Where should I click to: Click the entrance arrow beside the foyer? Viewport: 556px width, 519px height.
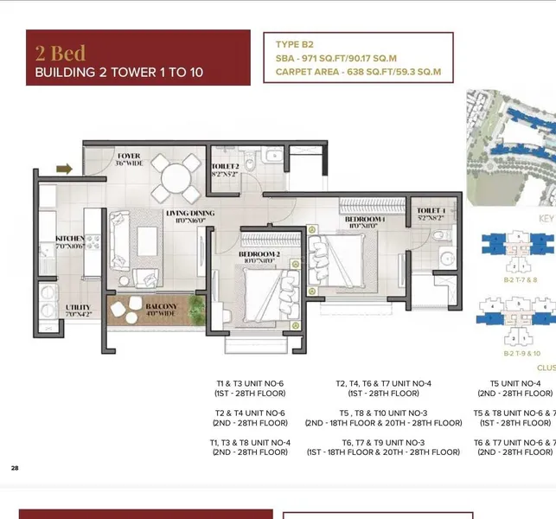tap(65, 169)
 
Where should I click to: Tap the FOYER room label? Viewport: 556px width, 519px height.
tap(129, 157)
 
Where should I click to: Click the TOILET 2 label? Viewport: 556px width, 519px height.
tap(225, 166)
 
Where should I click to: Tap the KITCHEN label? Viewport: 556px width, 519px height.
tap(69, 238)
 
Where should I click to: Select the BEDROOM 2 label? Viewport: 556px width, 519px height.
tap(259, 254)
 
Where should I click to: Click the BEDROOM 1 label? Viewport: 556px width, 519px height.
tap(364, 220)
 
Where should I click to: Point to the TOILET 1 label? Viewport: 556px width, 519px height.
tap(431, 211)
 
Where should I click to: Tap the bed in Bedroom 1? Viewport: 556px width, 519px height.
tap(339, 255)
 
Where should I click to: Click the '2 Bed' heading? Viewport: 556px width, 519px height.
tap(61, 52)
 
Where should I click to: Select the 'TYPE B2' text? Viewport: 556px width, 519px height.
tap(297, 43)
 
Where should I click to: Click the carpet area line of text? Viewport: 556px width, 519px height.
tap(358, 72)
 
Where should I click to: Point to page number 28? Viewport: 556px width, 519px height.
tap(15, 468)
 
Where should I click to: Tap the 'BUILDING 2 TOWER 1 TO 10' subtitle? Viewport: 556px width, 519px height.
tap(118, 72)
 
